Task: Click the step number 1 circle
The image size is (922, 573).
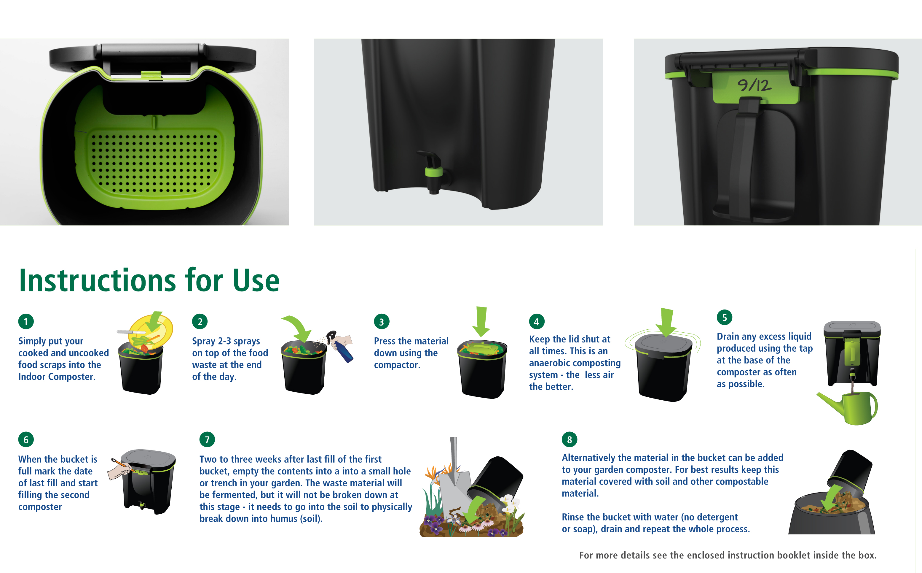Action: point(26,321)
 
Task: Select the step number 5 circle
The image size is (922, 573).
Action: point(724,318)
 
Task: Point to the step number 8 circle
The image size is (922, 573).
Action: point(569,439)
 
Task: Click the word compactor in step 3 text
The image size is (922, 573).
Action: point(397,365)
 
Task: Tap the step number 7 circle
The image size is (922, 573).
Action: point(207,439)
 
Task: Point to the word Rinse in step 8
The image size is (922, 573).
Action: point(573,517)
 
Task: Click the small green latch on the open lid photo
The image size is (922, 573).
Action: point(151,75)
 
